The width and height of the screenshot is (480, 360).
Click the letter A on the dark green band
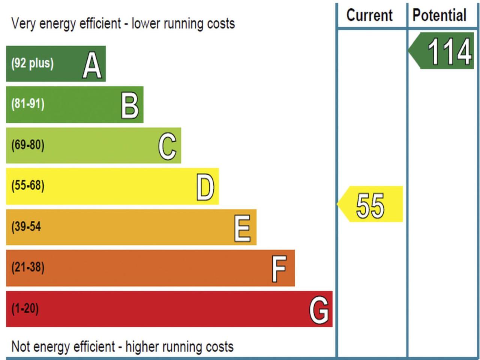click(92, 66)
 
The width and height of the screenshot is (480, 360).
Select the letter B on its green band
click(130, 106)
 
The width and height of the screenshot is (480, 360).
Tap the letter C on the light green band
click(167, 146)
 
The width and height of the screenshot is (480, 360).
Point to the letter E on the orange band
click(242, 228)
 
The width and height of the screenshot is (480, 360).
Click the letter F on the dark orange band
click(279, 268)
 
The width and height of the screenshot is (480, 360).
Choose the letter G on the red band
click(319, 310)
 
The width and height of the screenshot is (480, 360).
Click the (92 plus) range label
click(32, 63)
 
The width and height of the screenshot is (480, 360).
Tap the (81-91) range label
click(28, 103)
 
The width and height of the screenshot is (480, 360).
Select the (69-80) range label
click(28, 145)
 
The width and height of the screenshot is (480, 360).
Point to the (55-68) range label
click(28, 185)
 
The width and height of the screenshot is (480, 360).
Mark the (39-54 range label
click(26, 226)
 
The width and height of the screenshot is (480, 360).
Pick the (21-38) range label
click(28, 267)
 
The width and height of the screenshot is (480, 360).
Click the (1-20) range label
click(25, 308)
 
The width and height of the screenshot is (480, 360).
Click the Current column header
click(369, 15)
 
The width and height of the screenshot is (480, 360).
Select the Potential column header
click(439, 15)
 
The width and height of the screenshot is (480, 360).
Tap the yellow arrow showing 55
click(370, 204)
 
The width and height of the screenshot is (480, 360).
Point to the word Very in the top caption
click(24, 24)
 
